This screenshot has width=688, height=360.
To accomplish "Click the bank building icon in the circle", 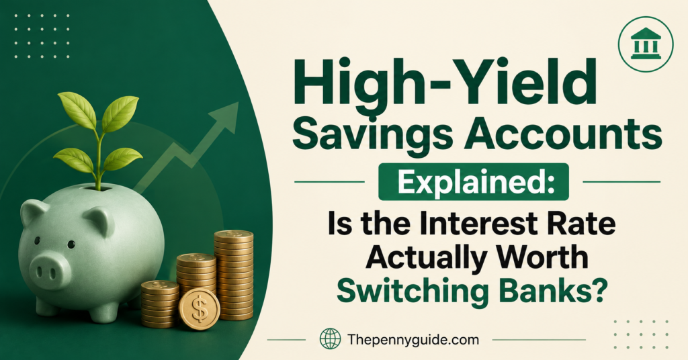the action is [x=646, y=44].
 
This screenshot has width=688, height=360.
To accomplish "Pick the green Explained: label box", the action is [x=474, y=181].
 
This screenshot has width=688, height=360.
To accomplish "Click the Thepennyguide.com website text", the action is [x=413, y=340].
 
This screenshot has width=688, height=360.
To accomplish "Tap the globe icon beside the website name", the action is [x=330, y=339].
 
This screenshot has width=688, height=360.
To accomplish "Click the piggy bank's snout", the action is [x=52, y=270].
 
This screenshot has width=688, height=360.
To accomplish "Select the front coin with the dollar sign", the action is [x=200, y=310].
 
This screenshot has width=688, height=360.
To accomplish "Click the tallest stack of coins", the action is [x=234, y=275].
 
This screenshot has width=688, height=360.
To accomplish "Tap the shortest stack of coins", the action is [x=160, y=304].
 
